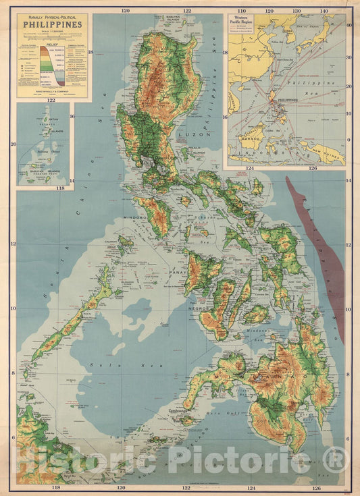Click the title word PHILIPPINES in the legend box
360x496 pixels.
pos(52,25)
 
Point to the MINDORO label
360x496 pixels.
pos(136,218)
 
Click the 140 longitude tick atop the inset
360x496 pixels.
pos(324,11)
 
